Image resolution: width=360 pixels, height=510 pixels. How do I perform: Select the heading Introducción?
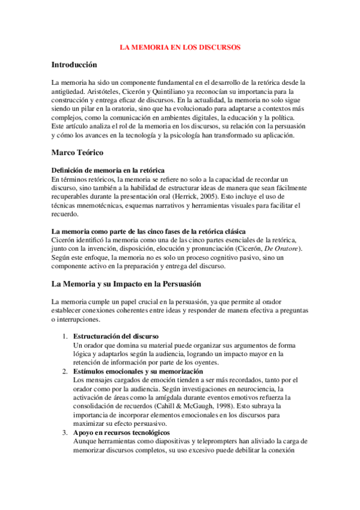pos(74,64)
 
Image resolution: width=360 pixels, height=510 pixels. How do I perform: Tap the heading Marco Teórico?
pos(78,153)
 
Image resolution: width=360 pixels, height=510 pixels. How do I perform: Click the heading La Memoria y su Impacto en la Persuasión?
pos(126,283)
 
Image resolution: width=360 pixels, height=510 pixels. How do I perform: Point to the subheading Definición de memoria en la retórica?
pos(108,171)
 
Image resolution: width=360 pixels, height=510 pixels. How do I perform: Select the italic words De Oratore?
pos(283,248)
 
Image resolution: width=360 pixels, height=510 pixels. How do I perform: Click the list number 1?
pos(65,335)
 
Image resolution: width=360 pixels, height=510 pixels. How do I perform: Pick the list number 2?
pos(65,371)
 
